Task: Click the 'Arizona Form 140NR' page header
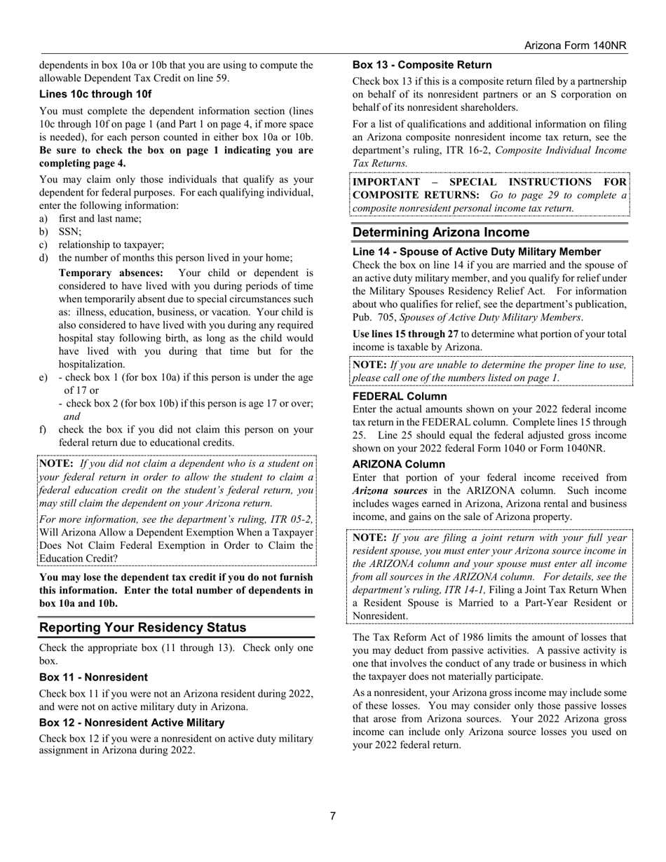(575, 46)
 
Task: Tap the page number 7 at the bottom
(333, 816)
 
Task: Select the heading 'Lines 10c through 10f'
(95, 94)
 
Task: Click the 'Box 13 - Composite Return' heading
(422, 64)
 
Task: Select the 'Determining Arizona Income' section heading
(441, 233)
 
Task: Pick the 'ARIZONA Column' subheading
(398, 464)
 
